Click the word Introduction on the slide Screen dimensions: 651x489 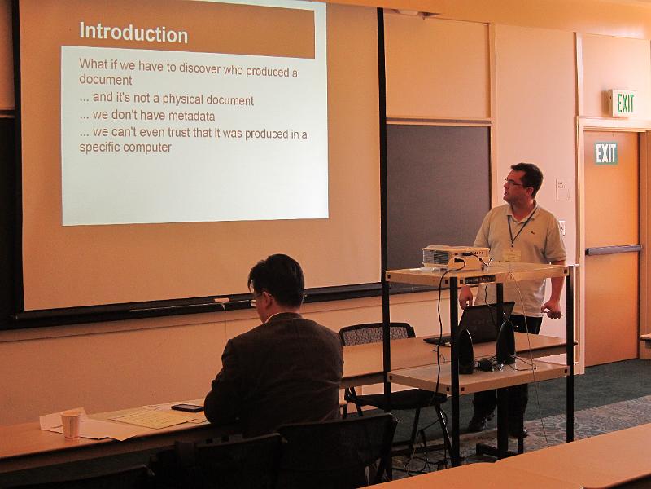133,33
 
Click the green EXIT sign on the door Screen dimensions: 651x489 606,153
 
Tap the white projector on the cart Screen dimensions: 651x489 456,257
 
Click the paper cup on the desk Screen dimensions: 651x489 71,424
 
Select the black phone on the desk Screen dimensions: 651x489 187,407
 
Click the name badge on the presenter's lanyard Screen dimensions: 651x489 511,255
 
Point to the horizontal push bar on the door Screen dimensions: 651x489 614,249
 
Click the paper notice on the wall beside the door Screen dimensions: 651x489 563,190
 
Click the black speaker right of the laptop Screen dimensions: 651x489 505,341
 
